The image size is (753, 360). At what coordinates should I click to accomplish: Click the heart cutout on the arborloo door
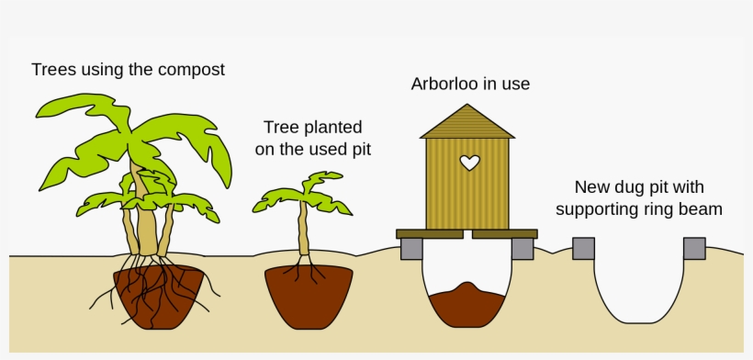click(x=469, y=163)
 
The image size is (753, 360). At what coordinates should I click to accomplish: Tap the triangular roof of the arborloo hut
click(x=467, y=123)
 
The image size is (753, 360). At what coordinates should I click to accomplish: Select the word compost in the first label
click(x=193, y=70)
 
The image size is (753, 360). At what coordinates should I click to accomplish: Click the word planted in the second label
click(x=332, y=128)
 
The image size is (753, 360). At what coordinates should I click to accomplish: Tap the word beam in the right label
click(x=702, y=209)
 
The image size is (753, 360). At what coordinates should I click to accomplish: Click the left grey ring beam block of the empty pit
click(x=583, y=248)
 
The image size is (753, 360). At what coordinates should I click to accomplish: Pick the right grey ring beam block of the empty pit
click(x=694, y=248)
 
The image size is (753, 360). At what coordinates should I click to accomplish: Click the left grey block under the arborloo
click(x=411, y=249)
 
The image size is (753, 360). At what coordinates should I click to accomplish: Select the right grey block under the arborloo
click(x=523, y=249)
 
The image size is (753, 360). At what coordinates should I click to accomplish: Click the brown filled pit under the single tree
click(x=308, y=298)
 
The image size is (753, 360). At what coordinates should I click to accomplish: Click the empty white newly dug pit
click(x=639, y=285)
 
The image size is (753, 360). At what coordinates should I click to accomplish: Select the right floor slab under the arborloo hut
click(x=504, y=234)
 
